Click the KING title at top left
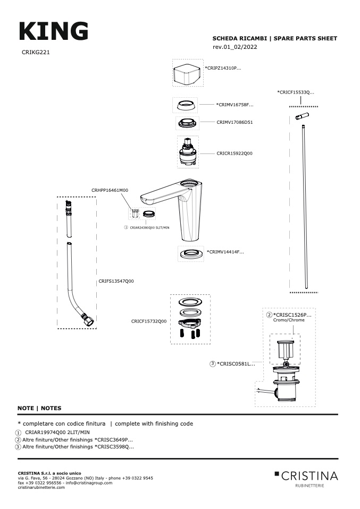[x=54, y=31]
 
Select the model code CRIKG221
[x=36, y=52]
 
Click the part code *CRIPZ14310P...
[x=223, y=68]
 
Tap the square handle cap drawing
[x=187, y=74]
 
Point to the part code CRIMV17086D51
[x=235, y=122]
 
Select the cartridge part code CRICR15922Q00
[x=235, y=154]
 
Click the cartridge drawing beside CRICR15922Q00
[x=188, y=152]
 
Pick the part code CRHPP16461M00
[x=110, y=191]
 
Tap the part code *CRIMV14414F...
[x=225, y=252]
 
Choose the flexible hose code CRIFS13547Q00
[x=116, y=281]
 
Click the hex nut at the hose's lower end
[x=89, y=321]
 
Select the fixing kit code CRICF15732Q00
[x=149, y=321]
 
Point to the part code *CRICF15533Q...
[x=296, y=92]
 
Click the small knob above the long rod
[x=302, y=116]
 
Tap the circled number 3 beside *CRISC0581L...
[x=213, y=364]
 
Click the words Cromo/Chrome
[x=289, y=320]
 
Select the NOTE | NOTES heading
[x=39, y=409]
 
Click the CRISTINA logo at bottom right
[x=306, y=479]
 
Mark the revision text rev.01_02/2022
[x=235, y=47]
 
